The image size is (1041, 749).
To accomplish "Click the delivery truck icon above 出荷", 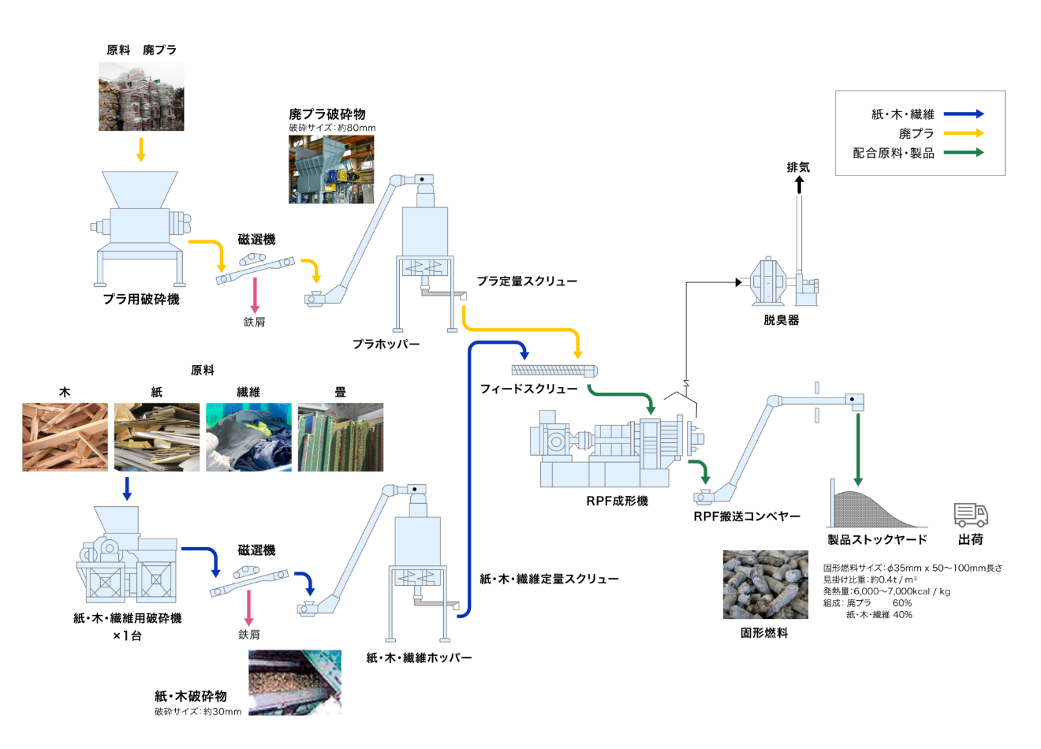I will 970,515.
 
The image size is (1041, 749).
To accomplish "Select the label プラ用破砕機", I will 141,300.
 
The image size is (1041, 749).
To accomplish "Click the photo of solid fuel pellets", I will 765,584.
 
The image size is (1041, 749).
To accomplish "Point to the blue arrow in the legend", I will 963,114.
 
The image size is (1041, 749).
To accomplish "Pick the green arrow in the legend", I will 963,153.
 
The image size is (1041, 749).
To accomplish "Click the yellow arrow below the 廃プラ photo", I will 141,149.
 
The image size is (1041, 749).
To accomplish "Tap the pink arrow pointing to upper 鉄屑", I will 255,295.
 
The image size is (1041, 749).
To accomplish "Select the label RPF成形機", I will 617,501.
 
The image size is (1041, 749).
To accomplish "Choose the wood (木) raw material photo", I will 65,437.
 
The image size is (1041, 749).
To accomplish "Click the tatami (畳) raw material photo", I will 341,437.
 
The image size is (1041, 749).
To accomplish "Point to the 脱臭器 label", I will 781,320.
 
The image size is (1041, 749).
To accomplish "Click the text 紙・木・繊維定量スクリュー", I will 549,579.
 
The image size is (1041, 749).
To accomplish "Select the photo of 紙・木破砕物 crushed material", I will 295,682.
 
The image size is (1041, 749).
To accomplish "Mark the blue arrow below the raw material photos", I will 127,487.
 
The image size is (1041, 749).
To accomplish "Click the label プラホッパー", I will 386,344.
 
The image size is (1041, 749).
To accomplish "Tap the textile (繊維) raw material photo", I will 248,437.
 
